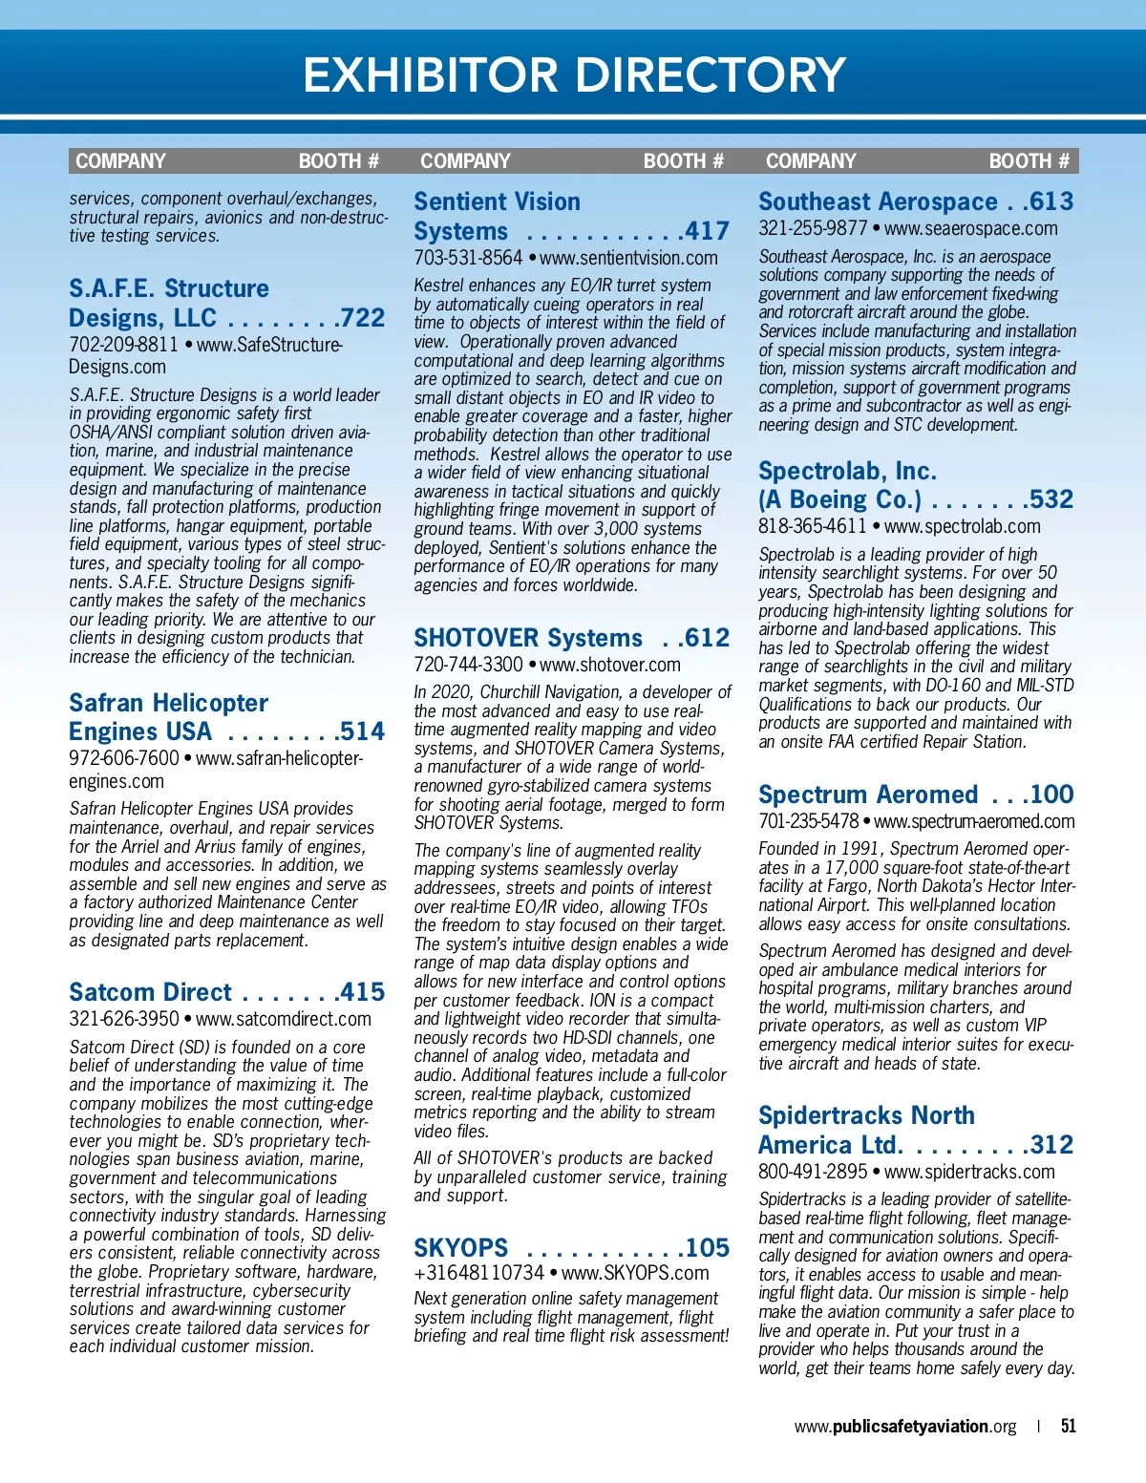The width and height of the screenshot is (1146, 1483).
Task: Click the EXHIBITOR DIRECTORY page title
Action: (x=574, y=74)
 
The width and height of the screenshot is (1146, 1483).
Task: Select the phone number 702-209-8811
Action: (x=123, y=345)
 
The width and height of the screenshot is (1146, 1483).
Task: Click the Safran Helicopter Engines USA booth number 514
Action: (x=363, y=732)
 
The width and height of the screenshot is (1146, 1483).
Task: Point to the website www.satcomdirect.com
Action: (x=284, y=1019)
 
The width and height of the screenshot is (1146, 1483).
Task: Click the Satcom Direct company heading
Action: (x=150, y=992)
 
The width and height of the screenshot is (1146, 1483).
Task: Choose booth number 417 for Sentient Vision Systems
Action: (x=708, y=231)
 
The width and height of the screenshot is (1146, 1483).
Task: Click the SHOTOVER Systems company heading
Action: (x=528, y=638)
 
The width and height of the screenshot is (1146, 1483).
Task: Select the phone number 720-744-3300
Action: (x=468, y=665)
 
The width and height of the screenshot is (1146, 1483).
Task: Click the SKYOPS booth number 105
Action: (x=708, y=1248)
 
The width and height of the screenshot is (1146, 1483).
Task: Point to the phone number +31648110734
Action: (x=478, y=1274)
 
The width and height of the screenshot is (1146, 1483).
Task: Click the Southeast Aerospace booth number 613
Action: (x=1051, y=202)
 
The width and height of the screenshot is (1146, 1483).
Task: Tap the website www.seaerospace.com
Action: (x=970, y=229)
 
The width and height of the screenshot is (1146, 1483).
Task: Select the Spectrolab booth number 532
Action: (x=1051, y=499)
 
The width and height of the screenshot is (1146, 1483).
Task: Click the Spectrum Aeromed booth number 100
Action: (x=1051, y=794)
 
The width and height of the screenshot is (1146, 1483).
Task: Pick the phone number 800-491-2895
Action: (x=813, y=1172)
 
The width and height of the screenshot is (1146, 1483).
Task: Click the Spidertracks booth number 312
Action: (x=1051, y=1145)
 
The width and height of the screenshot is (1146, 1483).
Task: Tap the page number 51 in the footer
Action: (x=1068, y=1426)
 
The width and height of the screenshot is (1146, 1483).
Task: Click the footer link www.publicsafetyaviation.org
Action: (x=904, y=1427)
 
